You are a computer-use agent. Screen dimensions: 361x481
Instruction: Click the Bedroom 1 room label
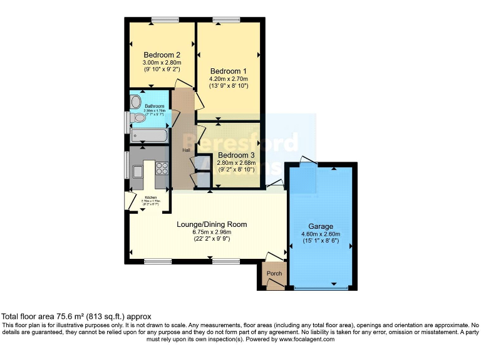click(x=229, y=70)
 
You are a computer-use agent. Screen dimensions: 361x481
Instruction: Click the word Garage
click(x=320, y=226)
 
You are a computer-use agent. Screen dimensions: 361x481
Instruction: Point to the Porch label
click(x=274, y=273)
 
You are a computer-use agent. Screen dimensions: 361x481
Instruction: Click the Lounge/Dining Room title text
click(x=212, y=224)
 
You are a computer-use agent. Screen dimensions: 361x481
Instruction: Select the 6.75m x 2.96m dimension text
click(x=212, y=232)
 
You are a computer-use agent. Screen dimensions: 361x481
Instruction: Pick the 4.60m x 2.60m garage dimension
click(x=320, y=234)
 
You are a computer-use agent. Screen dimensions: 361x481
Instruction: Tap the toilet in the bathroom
click(x=138, y=117)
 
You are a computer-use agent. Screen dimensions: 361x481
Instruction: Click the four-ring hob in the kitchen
click(x=161, y=167)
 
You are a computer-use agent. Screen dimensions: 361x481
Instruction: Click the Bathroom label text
click(x=155, y=106)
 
